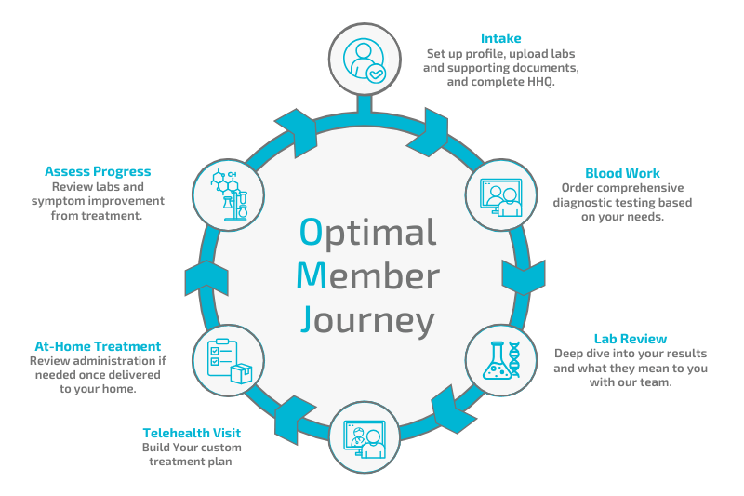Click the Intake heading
point(500,38)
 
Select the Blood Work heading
point(622,173)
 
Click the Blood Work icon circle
point(498,196)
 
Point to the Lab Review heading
point(631,338)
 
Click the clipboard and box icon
point(229,356)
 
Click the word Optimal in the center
point(368,232)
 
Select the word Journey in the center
point(368,320)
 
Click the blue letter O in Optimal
point(312,232)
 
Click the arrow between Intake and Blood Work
point(433,122)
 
